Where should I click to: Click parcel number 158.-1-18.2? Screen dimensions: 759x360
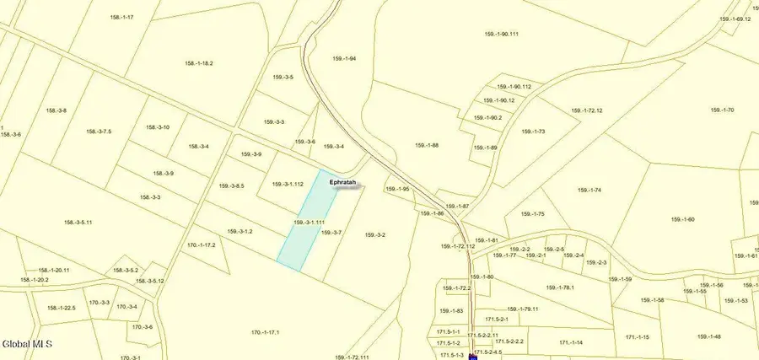[199, 63]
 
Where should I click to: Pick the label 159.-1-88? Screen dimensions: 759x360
[427, 145]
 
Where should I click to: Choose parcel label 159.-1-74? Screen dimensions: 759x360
[587, 190]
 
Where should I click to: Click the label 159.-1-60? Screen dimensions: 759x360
[682, 219]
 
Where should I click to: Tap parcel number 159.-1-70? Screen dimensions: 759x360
[723, 110]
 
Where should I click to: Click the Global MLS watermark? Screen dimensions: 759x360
[27, 343]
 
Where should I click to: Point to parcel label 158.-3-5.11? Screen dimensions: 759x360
[78, 223]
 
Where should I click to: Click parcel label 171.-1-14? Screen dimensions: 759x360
[571, 342]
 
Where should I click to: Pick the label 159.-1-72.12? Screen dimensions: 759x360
[588, 110]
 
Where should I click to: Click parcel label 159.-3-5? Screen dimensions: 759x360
[283, 77]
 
